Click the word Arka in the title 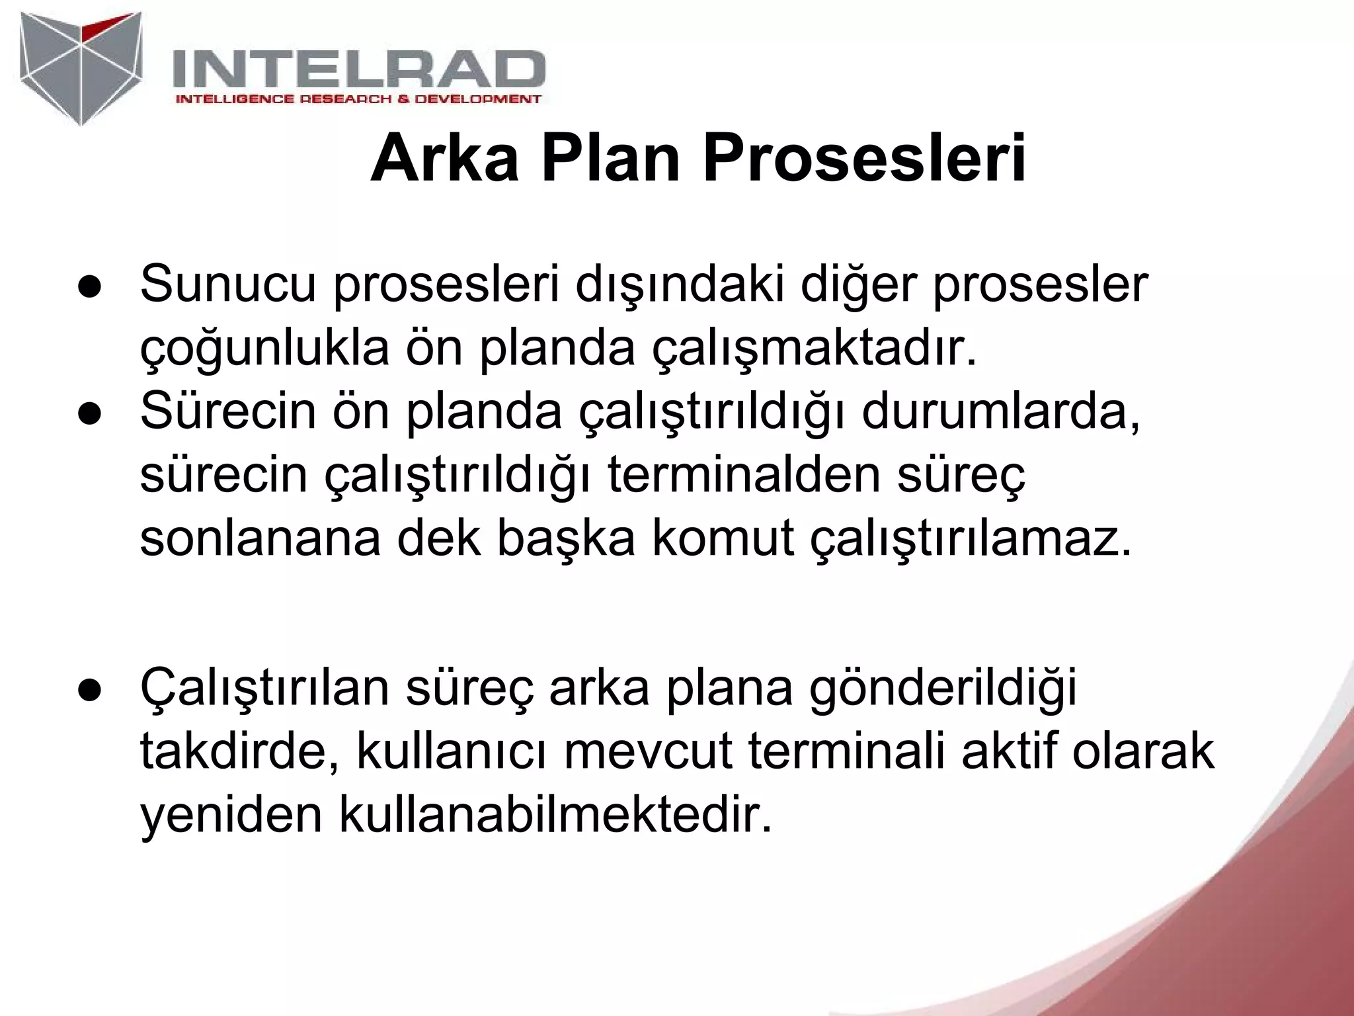(444, 159)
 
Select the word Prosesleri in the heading (863, 159)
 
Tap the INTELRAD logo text (358, 69)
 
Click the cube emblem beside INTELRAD (81, 66)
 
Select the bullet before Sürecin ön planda (88, 414)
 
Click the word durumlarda (1001, 411)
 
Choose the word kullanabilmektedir (555, 815)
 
